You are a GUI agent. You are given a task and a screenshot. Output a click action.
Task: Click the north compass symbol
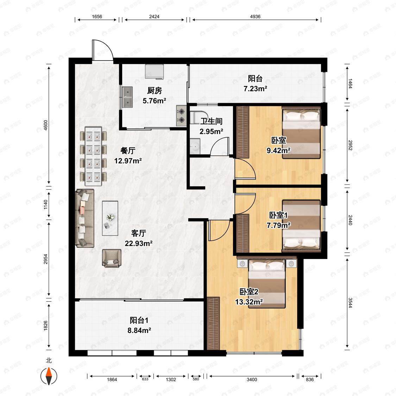49,376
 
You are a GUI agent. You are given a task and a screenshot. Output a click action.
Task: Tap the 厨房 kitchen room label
154,90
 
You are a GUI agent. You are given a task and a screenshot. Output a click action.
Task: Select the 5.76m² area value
154,101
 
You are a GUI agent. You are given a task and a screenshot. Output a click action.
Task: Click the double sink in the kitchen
127,97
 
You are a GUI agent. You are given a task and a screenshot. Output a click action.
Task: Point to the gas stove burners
181,115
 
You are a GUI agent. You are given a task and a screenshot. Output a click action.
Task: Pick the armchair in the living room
111,258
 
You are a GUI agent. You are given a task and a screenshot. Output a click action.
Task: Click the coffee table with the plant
110,218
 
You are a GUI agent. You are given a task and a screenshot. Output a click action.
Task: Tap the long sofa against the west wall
85,218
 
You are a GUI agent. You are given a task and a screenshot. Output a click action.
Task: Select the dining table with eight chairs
93,157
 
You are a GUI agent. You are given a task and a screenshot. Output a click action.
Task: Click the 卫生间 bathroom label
211,121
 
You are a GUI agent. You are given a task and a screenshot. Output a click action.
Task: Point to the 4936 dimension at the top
255,17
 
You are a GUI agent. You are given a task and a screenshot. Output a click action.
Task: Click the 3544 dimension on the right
350,303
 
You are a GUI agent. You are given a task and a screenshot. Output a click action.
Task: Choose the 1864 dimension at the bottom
112,379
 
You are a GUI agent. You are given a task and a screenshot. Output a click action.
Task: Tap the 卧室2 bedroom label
249,292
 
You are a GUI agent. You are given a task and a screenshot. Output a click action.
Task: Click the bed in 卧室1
301,226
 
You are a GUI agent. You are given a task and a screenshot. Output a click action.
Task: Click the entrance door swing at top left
102,50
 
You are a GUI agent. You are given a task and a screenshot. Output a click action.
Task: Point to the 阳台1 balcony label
139,320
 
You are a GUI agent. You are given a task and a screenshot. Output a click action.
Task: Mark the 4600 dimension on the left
45,125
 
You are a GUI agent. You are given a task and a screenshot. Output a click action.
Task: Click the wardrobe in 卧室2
213,323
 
